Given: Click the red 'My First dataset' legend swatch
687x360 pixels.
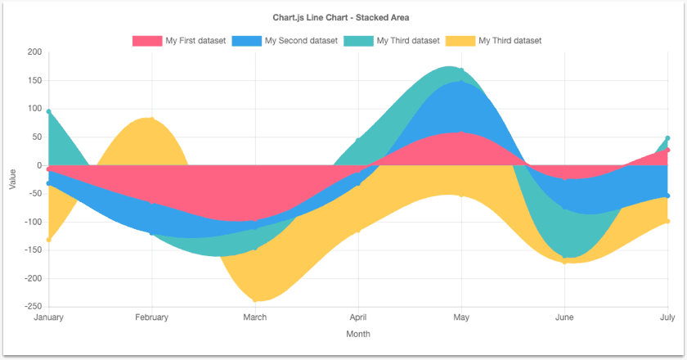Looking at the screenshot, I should [147, 40].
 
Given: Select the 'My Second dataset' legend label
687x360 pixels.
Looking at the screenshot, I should [301, 40].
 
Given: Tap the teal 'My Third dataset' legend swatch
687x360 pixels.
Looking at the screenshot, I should [359, 40].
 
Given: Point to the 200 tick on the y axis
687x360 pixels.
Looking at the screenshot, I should [34, 52].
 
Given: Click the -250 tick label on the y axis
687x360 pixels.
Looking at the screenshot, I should [32, 307].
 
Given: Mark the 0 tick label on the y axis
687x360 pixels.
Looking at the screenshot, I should [38, 165].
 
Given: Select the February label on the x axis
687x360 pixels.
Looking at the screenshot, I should [151, 317].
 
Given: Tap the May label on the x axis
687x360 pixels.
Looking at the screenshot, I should [461, 317].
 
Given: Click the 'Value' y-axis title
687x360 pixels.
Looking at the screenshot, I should [12, 179].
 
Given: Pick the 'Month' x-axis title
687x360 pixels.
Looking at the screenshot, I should [358, 334].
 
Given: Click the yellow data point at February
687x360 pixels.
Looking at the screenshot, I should [152, 119].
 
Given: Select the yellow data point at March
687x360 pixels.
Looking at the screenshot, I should [255, 301].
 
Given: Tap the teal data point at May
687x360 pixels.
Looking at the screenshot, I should [461, 70].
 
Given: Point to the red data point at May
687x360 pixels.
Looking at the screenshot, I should [461, 133].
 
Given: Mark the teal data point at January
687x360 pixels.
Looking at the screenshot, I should [49, 111].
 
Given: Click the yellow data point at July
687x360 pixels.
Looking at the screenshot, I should [667, 221].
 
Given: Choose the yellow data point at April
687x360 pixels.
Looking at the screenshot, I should [358, 231].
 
